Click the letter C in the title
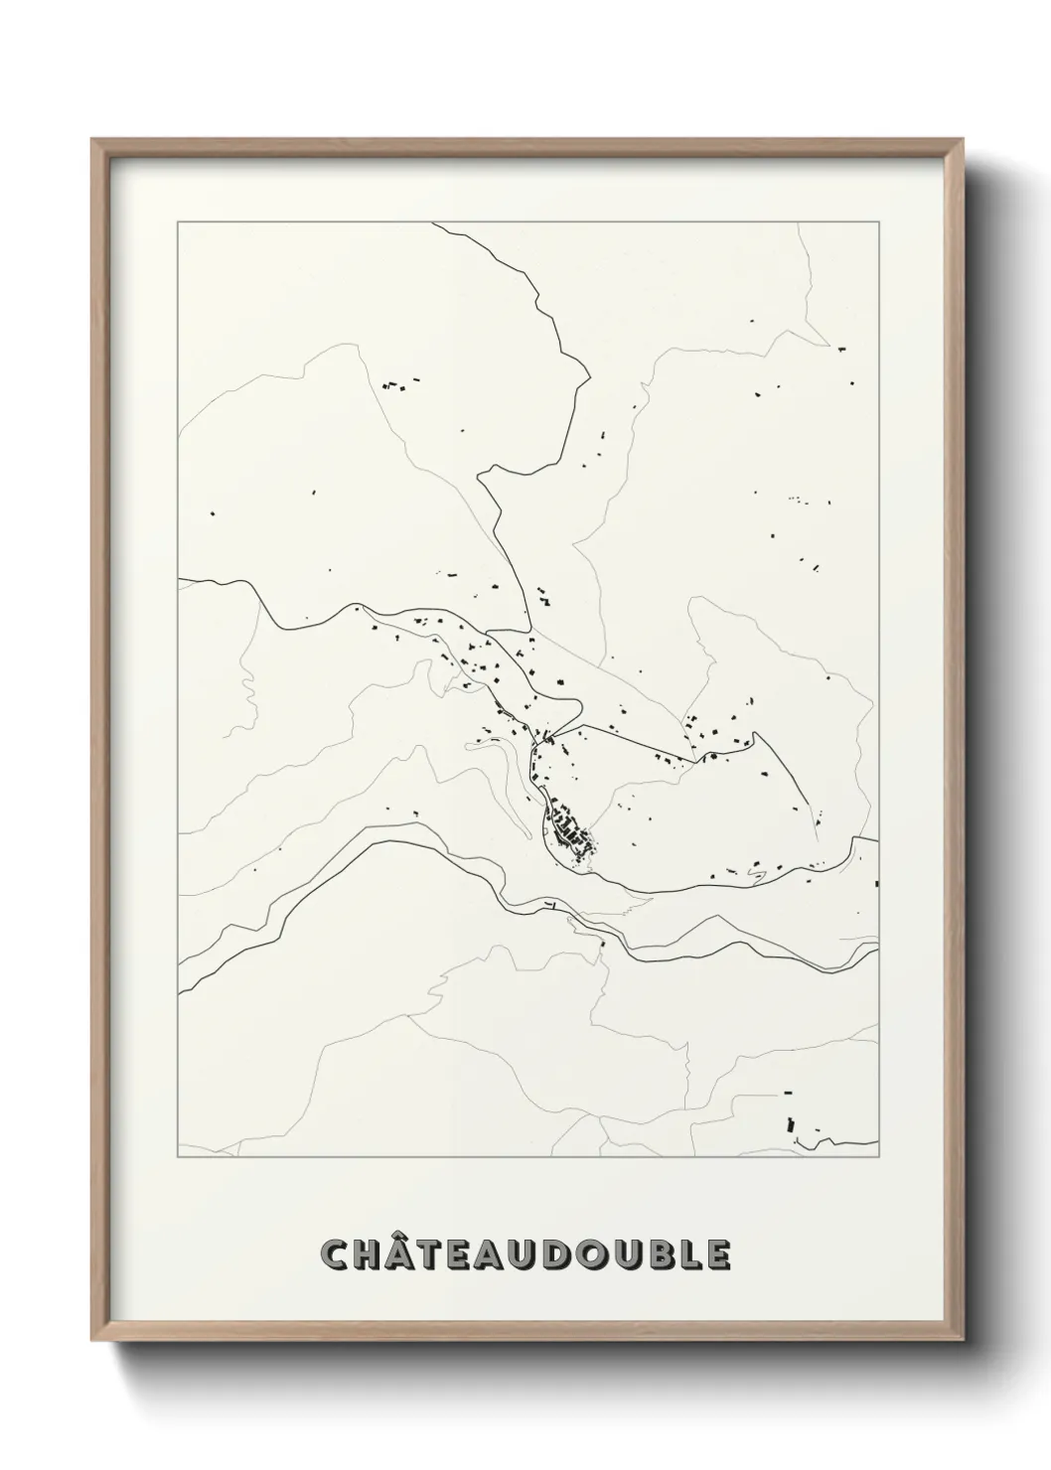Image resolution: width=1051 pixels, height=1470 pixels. pyautogui.click(x=335, y=1254)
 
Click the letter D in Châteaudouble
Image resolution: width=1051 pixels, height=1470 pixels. pyautogui.click(x=543, y=1254)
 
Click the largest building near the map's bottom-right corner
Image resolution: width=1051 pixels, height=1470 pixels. pyautogui.click(x=792, y=1125)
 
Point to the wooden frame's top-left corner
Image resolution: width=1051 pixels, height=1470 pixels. pyautogui.click(x=92, y=140)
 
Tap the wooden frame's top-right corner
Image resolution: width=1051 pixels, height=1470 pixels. pyautogui.click(x=963, y=140)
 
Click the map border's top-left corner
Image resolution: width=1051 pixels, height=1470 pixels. pyautogui.click(x=178, y=222)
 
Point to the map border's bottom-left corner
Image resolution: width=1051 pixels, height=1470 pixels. pyautogui.click(x=178, y=1157)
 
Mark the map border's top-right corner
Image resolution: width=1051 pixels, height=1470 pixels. pyautogui.click(x=878, y=222)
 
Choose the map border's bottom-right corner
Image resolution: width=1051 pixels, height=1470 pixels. pyautogui.click(x=878, y=1157)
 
